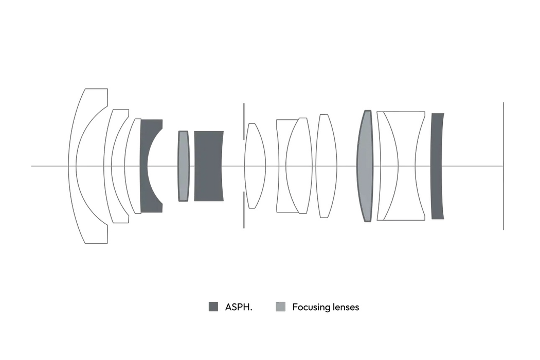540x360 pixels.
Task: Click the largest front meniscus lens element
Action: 73,166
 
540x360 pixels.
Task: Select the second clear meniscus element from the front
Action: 107,166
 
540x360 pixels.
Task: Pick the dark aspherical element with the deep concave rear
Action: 145,166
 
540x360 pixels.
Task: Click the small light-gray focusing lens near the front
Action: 183,166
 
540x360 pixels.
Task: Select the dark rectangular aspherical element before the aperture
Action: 209,166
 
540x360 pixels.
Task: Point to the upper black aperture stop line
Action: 244,121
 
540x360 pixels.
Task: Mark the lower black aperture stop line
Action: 244,210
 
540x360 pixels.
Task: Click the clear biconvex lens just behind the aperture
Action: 255,166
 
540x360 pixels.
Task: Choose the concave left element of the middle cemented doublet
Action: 281,166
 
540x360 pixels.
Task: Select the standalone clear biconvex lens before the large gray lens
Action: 326,166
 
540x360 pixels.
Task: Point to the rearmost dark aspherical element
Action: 437,166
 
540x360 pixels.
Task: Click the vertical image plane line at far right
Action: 503,166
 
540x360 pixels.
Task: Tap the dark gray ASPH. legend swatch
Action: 213,307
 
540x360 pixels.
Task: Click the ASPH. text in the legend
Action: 239,307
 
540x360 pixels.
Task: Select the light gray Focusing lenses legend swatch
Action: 281,307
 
